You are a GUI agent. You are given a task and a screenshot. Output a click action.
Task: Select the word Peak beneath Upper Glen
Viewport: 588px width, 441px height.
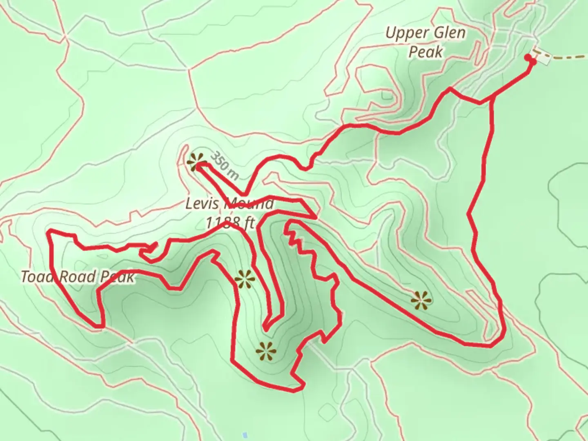point(425,52)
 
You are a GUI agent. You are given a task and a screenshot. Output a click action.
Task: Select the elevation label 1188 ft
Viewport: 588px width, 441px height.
point(229,223)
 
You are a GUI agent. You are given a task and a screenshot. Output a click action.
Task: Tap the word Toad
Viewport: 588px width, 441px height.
point(37,277)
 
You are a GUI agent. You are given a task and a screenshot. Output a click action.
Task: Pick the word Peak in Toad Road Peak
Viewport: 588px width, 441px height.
point(117,277)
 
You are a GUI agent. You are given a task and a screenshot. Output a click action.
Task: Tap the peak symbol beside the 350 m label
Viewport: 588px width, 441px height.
point(196,162)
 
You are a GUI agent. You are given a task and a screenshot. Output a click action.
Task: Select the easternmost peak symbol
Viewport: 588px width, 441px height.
point(421,301)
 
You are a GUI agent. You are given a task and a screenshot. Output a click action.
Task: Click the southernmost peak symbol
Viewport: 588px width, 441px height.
point(266,351)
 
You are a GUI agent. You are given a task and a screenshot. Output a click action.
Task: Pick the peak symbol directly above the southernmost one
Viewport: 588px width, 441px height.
point(245,280)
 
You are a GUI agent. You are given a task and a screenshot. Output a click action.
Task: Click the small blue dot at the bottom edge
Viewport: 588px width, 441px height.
point(245,434)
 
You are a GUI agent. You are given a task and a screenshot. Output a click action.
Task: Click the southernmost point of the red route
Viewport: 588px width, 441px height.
point(293,391)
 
